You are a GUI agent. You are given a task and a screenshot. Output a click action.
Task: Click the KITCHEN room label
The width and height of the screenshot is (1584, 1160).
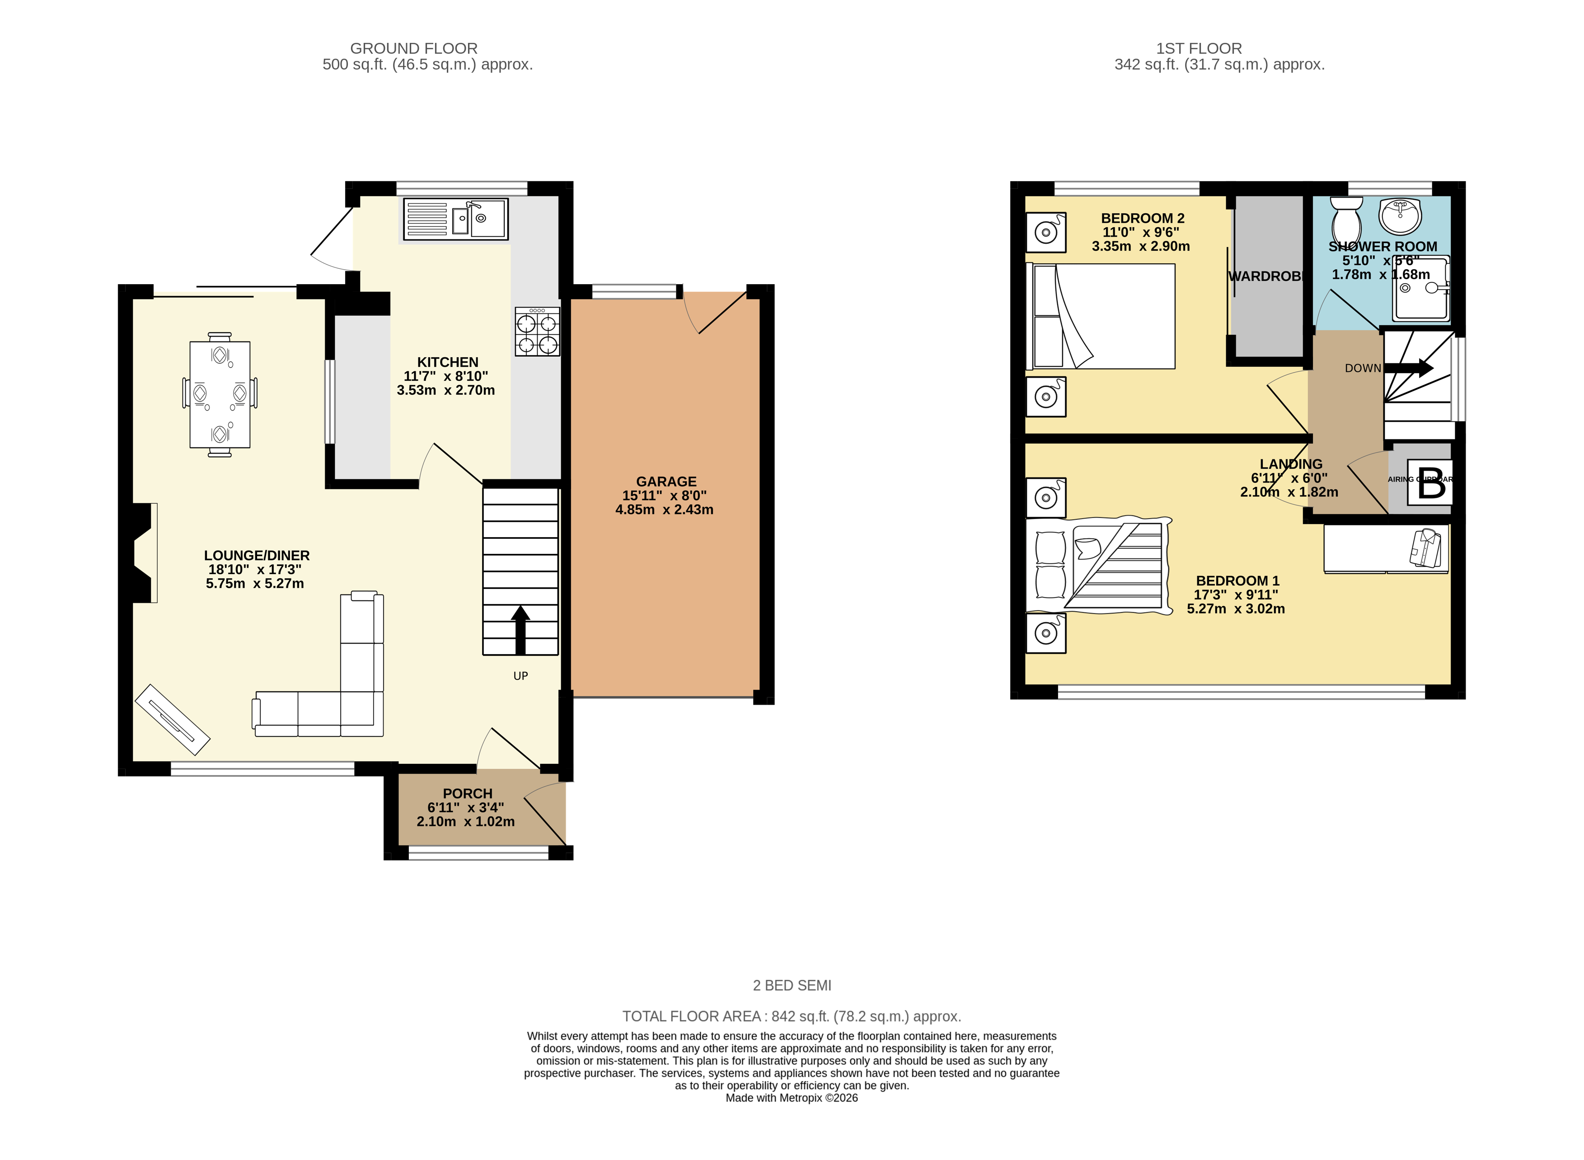point(447,362)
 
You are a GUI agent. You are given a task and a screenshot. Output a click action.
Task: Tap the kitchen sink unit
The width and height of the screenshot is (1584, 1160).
point(456,219)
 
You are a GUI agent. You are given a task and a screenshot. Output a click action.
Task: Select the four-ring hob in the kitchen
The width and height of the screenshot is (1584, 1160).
point(537,332)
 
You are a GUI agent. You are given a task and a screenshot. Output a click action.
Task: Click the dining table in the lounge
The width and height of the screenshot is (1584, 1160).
point(220,395)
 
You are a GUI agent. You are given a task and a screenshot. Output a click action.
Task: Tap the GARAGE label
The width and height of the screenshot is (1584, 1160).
point(665,482)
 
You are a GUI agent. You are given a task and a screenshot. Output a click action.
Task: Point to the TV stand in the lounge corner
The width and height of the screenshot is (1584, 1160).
point(172,720)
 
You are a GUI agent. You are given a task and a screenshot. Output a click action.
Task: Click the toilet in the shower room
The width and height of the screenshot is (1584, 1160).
point(1346,219)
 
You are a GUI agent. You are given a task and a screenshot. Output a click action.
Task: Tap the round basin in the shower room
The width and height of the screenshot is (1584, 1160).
point(1400,215)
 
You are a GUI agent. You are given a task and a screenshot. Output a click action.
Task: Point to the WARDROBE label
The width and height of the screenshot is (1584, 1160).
point(1267,276)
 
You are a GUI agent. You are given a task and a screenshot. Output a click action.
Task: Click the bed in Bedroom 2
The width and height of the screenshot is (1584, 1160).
point(1100,316)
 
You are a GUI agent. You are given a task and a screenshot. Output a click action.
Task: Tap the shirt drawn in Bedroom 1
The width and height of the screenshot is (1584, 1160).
point(1426,547)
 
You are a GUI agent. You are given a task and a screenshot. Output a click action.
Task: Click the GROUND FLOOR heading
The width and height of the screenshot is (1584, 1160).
point(413,48)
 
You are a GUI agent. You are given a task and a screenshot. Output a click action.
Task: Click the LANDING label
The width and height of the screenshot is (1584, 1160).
point(1290,464)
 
